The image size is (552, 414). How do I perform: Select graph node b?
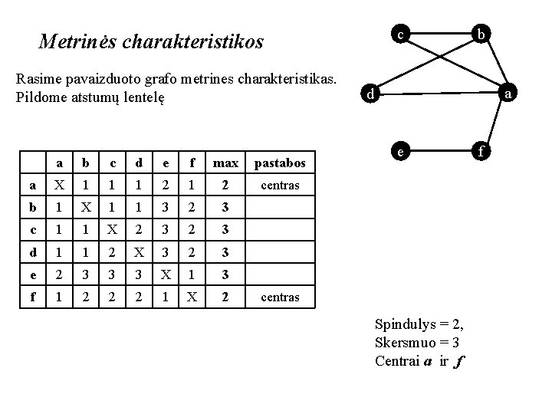pos(481,34)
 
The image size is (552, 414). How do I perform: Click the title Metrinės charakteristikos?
pos(151,41)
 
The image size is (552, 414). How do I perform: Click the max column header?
pos(225,163)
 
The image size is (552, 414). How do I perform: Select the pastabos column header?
pos(280,163)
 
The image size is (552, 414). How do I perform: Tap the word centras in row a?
pos(280,185)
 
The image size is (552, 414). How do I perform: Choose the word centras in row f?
pos(280,296)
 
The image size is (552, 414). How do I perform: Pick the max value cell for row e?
pos(225,274)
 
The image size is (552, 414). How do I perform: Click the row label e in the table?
pos(31,274)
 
